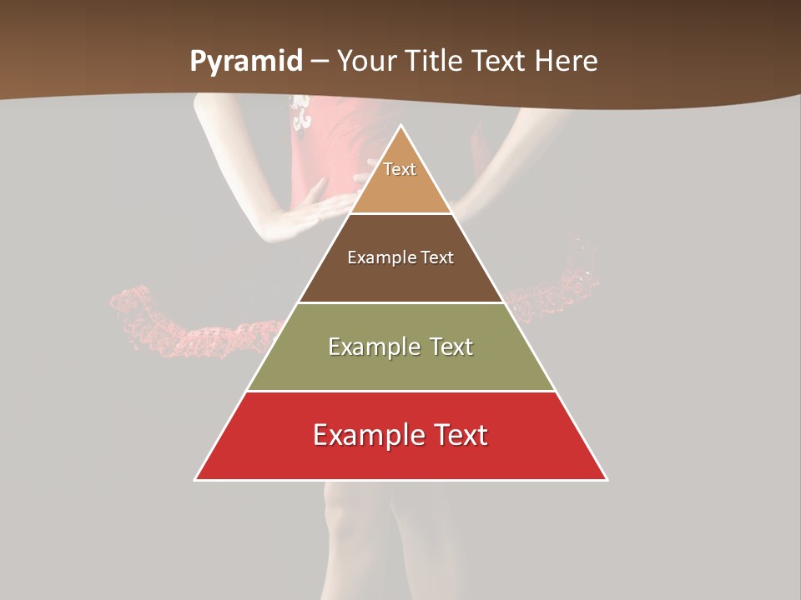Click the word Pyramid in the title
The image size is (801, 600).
[244, 62]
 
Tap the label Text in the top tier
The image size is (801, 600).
[400, 169]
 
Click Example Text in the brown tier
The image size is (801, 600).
[400, 257]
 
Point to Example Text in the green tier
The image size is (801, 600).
[400, 347]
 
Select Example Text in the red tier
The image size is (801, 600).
[400, 435]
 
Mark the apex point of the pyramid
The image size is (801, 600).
[400, 126]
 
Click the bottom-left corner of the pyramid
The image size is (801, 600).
[195, 479]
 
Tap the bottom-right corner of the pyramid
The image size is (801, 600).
[607, 479]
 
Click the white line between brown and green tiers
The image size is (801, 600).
[400, 302]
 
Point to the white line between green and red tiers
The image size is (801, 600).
[400, 391]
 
